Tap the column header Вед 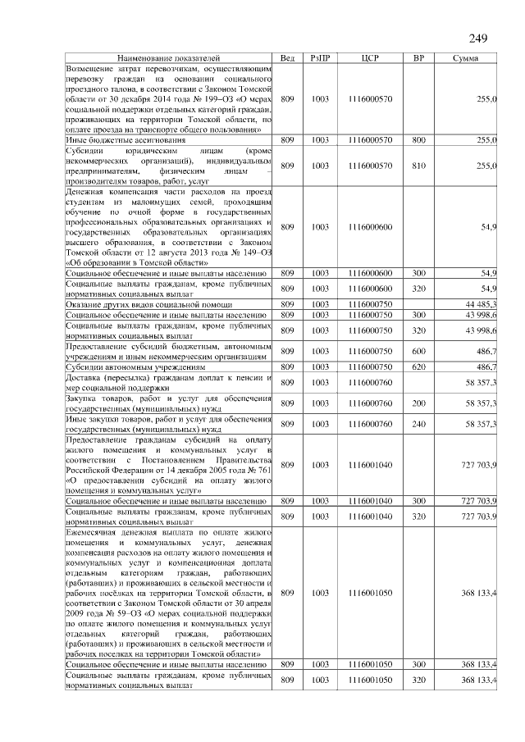[x=287, y=59]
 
